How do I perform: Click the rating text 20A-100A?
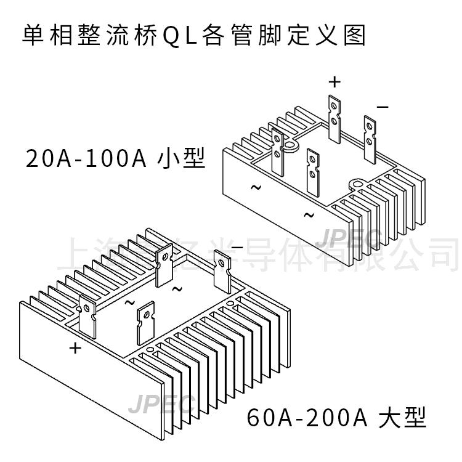[86, 158]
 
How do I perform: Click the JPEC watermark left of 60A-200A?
[161, 404]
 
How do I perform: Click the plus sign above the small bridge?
[334, 81]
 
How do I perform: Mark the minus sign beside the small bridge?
[383, 107]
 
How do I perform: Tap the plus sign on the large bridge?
[75, 348]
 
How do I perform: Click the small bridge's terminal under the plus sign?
[334, 116]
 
